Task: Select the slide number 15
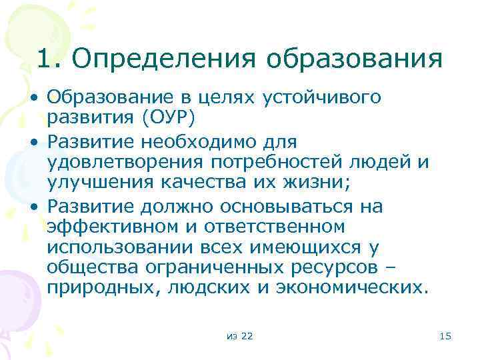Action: click(x=446, y=337)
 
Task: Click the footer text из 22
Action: click(x=239, y=337)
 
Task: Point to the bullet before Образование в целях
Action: click(x=33, y=98)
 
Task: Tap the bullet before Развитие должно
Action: click(x=33, y=207)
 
